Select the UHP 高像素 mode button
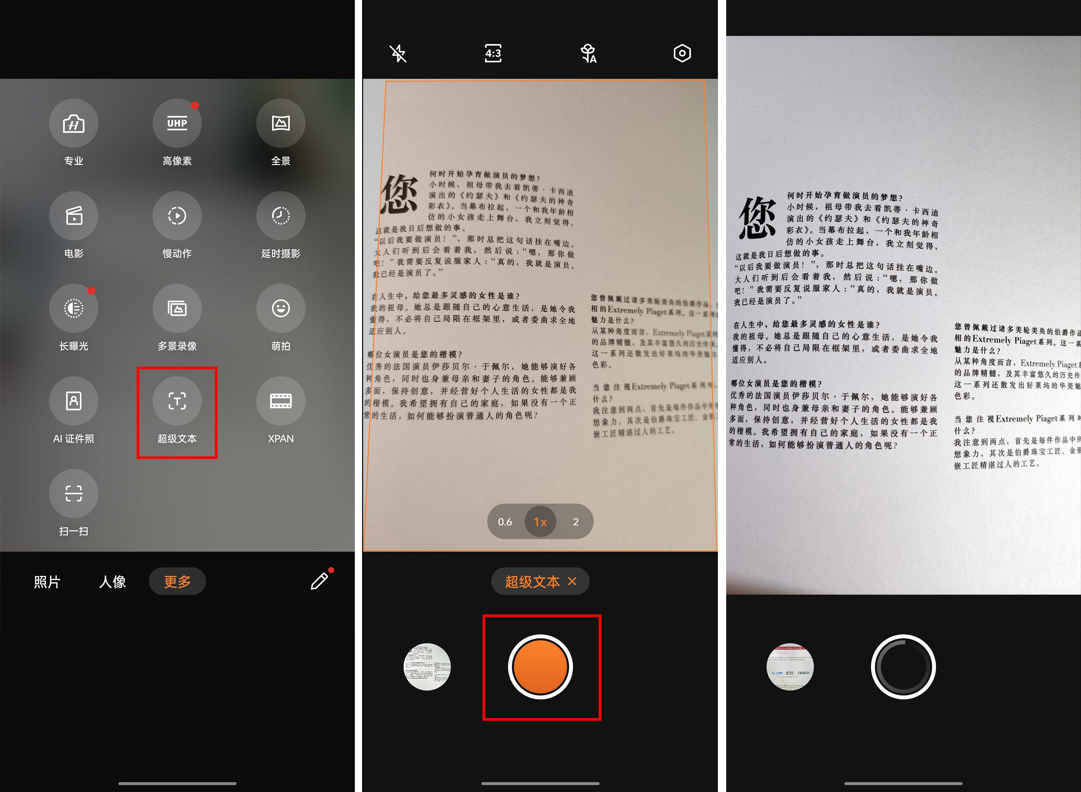[x=177, y=124]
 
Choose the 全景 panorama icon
[x=281, y=124]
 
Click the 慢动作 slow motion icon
[x=177, y=216]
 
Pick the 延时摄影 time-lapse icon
[x=281, y=216]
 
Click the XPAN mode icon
[x=281, y=401]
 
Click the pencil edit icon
[x=319, y=581]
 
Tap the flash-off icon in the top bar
[x=398, y=53]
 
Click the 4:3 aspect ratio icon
[x=493, y=53]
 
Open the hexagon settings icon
[x=682, y=53]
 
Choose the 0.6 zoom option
[x=505, y=522]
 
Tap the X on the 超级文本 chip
[x=572, y=581]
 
